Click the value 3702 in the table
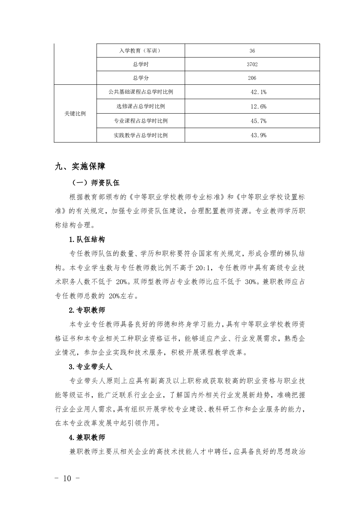pos(252,64)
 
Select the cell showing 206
pos(252,78)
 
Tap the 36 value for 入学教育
pos(252,51)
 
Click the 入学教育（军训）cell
pos(141,51)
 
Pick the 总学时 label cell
pos(141,64)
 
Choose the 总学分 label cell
pos(141,78)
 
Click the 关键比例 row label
pos(75,114)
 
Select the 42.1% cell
pos(258,92)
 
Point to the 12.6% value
pos(258,106)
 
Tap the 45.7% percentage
pos(258,121)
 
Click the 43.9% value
pos(258,135)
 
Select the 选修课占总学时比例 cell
pos(141,106)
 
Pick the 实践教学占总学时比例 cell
pos(141,135)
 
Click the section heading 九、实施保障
pos(80,166)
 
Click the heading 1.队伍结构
pos(87,240)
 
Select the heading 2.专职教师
pos(87,310)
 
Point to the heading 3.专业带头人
pos(90,367)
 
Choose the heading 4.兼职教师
pos(87,437)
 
